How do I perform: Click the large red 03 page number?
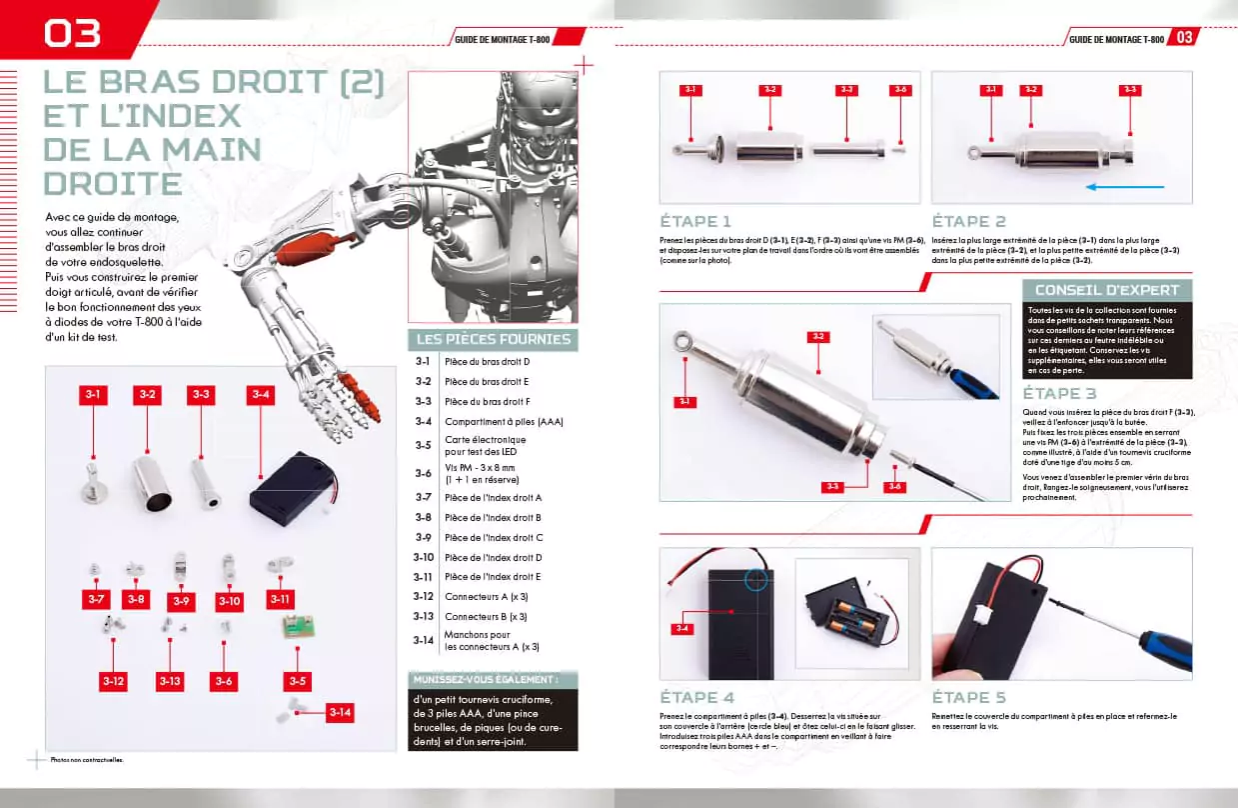pyautogui.click(x=72, y=32)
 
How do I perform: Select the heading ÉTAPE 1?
pyautogui.click(x=695, y=221)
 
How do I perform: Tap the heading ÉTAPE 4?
pyautogui.click(x=696, y=697)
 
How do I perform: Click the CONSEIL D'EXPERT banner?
pyautogui.click(x=1106, y=290)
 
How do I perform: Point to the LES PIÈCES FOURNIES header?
pyautogui.click(x=493, y=339)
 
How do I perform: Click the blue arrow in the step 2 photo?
pyautogui.click(x=1125, y=186)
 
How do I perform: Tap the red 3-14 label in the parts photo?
pyautogui.click(x=340, y=713)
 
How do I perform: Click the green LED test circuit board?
pyautogui.click(x=297, y=629)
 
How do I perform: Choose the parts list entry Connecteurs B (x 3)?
pyautogui.click(x=485, y=617)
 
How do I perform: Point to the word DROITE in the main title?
pyautogui.click(x=112, y=183)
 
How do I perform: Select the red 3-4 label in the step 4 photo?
pyautogui.click(x=683, y=628)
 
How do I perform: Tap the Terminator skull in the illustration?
pyautogui.click(x=545, y=110)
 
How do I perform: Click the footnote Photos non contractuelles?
pyautogui.click(x=88, y=759)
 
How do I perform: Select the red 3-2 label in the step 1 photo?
pyautogui.click(x=768, y=90)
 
